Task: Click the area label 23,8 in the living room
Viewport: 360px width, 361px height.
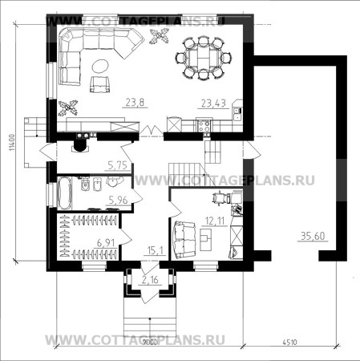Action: (x=135, y=102)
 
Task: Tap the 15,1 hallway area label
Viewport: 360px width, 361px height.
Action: (x=155, y=250)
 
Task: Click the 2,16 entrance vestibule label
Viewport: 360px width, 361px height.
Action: (x=150, y=280)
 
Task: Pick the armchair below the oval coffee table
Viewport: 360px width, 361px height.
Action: (x=100, y=85)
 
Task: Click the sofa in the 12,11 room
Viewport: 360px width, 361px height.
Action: (x=182, y=237)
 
